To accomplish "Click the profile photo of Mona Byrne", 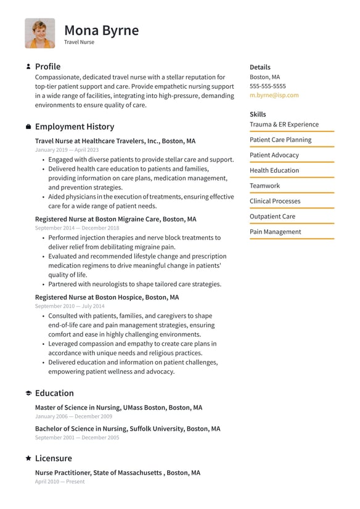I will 39,33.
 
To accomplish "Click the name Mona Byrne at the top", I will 101,30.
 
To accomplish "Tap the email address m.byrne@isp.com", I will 274,96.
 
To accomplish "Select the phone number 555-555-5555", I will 268,86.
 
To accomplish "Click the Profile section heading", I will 47,67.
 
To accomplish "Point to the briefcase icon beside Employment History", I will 28,127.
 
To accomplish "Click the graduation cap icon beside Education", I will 28,394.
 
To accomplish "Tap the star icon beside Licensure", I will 28,458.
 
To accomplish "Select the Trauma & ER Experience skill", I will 284,125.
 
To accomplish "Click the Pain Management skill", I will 275,232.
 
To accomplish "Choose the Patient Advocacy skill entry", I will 274,155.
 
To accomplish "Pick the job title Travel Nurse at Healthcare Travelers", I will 115,141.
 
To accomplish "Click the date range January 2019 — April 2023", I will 67,150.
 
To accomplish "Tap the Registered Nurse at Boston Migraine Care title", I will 115,219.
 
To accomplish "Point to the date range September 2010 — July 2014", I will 70,306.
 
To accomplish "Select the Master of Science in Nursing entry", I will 118,408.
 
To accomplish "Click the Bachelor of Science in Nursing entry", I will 127,429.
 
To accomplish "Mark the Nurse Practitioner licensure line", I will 117,473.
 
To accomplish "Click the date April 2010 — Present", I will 60,482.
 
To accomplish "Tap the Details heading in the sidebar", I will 260,67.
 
